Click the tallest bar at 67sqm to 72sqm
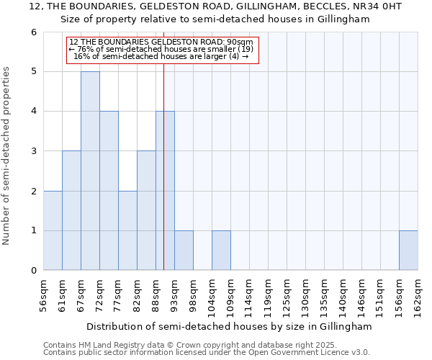[90, 171]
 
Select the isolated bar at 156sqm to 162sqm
[408, 251]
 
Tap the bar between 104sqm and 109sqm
[221, 251]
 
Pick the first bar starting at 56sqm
[53, 230]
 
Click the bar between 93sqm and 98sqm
[184, 251]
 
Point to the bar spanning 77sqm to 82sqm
[127, 230]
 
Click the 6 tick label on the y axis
[33, 32]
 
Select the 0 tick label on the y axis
[33, 271]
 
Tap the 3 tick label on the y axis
[33, 151]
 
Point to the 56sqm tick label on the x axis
[44, 294]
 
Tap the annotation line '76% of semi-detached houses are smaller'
[162, 49]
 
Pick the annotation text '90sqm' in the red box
[238, 42]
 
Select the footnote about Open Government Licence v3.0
[207, 353]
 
